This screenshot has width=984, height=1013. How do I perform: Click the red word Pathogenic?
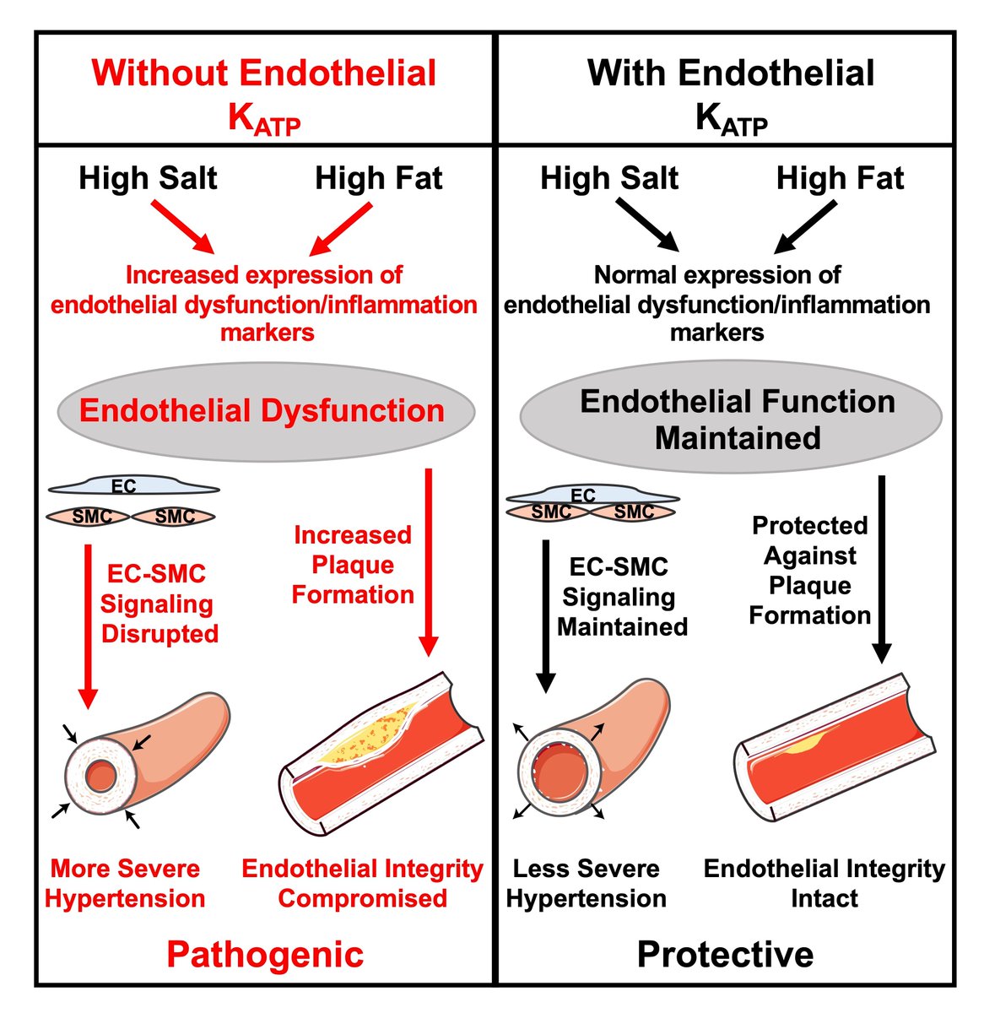point(265,954)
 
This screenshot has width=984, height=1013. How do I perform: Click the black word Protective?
point(726,954)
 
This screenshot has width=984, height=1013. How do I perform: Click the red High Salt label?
point(148,178)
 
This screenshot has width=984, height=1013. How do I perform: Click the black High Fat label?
point(840,178)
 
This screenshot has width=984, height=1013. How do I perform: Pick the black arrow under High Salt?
point(647,225)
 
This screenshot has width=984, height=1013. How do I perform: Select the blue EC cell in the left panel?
point(133,487)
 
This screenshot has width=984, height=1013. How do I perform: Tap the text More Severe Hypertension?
point(125,883)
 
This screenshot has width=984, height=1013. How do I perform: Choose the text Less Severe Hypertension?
point(586,883)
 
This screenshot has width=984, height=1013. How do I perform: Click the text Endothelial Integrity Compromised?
point(362,883)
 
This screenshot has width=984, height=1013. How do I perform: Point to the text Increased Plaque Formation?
point(353,565)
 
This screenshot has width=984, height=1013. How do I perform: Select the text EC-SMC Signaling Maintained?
point(622,596)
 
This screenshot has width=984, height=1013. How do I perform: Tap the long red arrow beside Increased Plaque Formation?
point(429,561)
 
